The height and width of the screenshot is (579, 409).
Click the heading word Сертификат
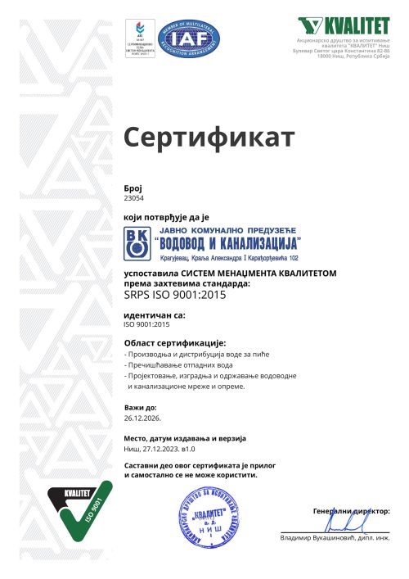click(208, 138)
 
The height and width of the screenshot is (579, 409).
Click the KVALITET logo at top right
click(344, 25)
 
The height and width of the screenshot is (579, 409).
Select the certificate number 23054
click(133, 198)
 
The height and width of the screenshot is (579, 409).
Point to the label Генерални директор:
click(352, 509)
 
